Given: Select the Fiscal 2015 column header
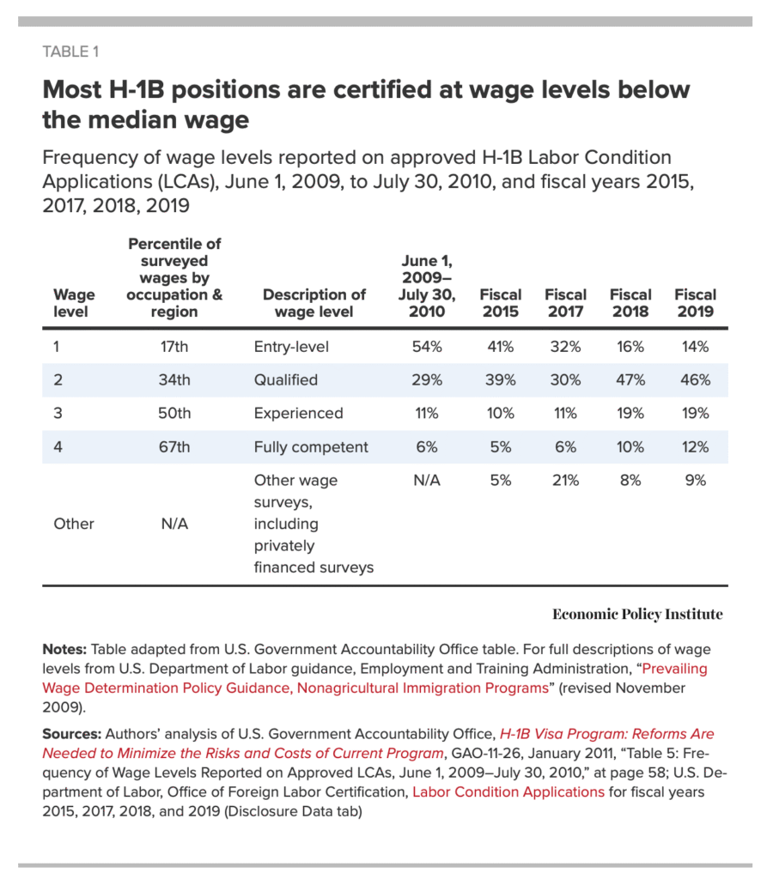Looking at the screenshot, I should point(500,303).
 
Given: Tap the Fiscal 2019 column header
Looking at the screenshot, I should point(695,303).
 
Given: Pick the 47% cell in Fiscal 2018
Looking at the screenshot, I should point(630,379).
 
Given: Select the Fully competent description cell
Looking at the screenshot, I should point(311,446).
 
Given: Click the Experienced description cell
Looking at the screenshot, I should point(298,413).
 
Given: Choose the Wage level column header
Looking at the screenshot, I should point(75,303).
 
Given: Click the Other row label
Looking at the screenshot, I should point(74,524).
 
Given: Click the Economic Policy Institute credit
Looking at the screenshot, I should point(637,614).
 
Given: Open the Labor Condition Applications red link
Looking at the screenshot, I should point(508,791).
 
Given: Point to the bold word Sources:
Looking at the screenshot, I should point(71,734).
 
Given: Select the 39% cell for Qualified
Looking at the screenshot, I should point(500,379).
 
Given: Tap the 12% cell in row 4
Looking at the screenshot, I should point(695,446).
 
